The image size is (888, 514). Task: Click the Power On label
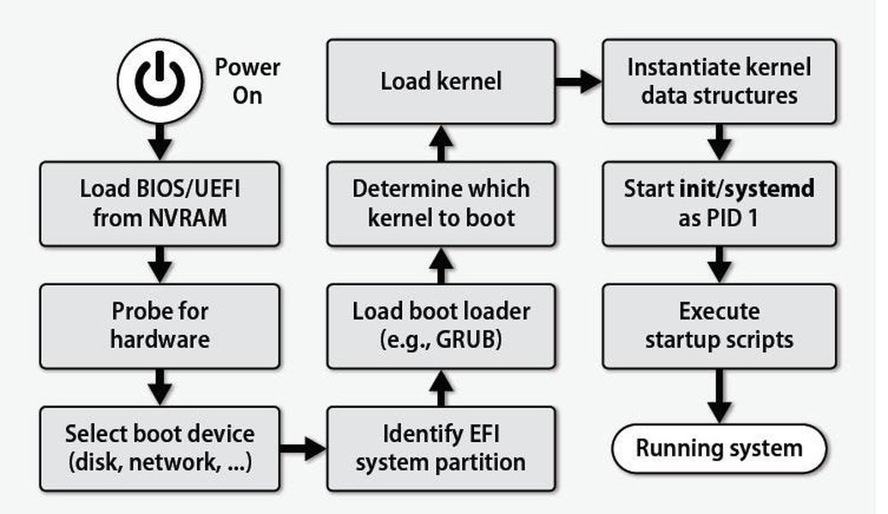(x=247, y=81)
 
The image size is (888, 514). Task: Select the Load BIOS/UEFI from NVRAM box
(x=159, y=203)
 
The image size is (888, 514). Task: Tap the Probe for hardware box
(x=159, y=325)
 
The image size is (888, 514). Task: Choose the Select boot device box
(x=159, y=448)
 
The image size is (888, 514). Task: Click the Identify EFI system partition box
(x=441, y=448)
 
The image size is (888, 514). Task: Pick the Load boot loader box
(x=441, y=325)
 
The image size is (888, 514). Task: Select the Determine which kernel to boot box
(x=441, y=203)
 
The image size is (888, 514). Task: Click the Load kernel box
(x=441, y=81)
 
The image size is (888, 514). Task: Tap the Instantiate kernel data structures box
(x=718, y=81)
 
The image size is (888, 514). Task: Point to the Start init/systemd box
(x=718, y=203)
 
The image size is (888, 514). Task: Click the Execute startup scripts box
(x=718, y=325)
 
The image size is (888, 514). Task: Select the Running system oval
(x=718, y=448)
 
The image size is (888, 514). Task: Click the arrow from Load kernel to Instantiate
(x=579, y=82)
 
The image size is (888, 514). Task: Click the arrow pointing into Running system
(x=718, y=396)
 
